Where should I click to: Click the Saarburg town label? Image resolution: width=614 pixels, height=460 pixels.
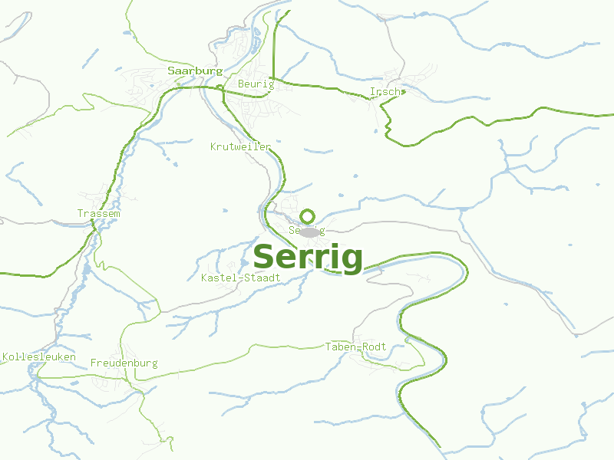point(195,71)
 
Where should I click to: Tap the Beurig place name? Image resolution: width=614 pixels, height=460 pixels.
point(256,84)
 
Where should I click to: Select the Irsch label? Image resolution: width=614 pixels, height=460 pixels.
point(385,92)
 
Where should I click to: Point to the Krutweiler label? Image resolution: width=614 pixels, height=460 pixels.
point(240,146)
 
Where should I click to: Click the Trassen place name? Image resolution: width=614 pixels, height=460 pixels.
point(98,213)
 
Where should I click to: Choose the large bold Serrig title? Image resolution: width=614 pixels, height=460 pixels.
point(307,258)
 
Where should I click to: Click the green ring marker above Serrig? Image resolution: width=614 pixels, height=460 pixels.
point(308,216)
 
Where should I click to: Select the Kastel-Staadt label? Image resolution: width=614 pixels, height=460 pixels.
point(240,277)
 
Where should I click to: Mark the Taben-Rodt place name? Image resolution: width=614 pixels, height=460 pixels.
point(355,347)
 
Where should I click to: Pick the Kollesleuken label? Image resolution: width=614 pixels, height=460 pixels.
point(39,357)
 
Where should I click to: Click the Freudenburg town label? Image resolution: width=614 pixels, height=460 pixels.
point(124,363)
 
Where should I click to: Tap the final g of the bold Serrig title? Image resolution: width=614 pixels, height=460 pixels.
point(351,260)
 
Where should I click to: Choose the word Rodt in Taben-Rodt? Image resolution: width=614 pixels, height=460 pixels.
point(375,347)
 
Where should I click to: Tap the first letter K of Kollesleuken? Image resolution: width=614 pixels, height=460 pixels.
point(5,357)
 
